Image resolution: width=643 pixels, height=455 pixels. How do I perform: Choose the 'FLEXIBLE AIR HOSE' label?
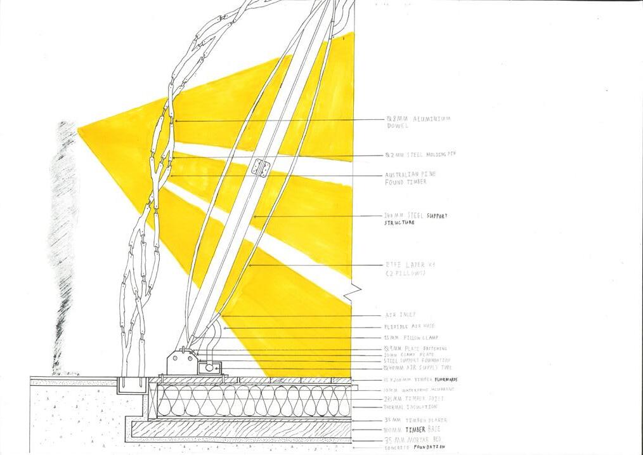[410, 326]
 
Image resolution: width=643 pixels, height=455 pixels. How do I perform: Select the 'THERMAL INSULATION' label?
[410, 407]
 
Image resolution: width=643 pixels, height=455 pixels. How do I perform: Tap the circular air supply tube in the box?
[207, 366]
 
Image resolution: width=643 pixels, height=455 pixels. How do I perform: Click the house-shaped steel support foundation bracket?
[181, 364]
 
